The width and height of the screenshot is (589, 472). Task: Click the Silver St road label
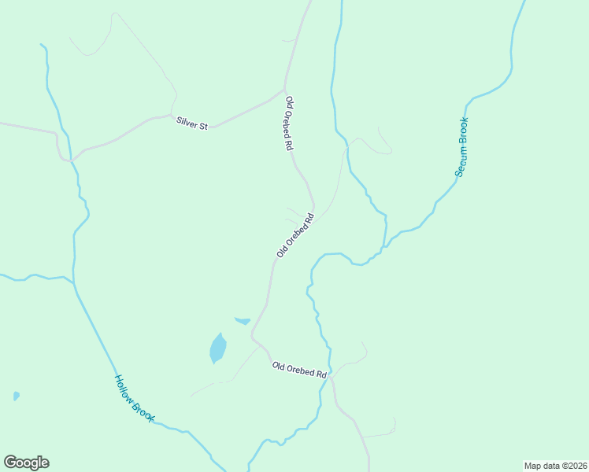[191, 123]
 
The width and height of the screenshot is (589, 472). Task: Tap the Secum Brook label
[461, 146]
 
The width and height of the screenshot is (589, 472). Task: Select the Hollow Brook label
[132, 396]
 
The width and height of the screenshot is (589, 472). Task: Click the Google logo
[26, 463]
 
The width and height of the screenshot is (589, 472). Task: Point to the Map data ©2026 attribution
[555, 465]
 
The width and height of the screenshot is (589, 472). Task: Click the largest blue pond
[217, 347]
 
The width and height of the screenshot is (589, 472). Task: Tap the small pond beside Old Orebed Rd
[243, 321]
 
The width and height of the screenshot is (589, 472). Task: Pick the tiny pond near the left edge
[16, 396]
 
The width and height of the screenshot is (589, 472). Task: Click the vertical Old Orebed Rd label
[290, 124]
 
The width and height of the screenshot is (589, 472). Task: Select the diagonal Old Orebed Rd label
[295, 234]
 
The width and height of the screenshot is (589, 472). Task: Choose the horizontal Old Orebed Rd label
[299, 370]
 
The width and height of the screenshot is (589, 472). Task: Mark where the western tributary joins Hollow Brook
[73, 281]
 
